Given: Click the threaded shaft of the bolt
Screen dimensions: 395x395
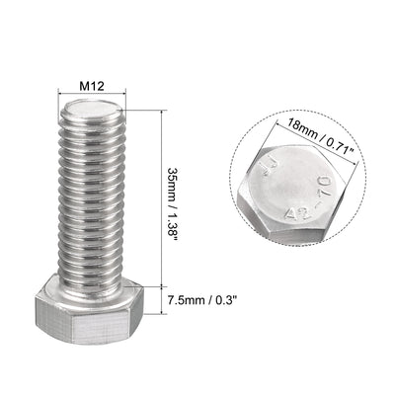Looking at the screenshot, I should pos(94,188).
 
